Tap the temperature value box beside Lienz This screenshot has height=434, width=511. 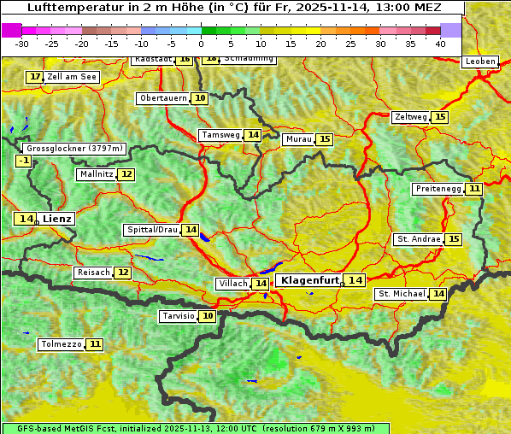point(25,219)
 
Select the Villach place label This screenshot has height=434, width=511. point(232,284)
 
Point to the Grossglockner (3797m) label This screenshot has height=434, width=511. point(73,149)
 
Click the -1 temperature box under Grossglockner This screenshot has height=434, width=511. point(23,161)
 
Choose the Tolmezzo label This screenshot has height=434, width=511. point(62,344)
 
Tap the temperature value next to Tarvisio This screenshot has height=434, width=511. point(209,316)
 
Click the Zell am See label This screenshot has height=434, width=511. point(72,77)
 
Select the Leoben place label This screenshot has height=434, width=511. point(479,62)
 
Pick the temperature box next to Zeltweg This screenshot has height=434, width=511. point(440,117)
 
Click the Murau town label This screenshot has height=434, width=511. point(298,139)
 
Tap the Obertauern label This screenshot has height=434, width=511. point(163,98)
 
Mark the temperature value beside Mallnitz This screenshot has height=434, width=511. point(126,174)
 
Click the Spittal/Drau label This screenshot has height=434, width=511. point(152,230)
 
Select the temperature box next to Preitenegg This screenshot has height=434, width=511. point(473,189)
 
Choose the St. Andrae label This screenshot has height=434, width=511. point(419,239)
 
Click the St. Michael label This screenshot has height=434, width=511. point(402,294)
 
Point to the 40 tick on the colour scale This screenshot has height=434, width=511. point(440,43)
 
